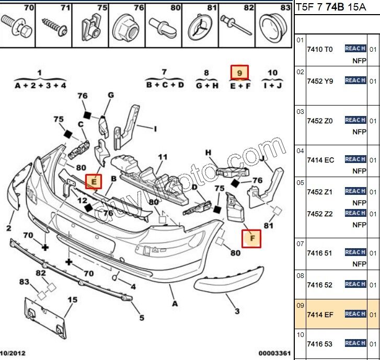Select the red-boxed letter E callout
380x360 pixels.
[x=94, y=181]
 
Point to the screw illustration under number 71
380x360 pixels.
[x=54, y=24]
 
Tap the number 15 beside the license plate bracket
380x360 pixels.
[x=72, y=299]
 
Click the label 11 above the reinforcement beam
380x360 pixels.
[x=163, y=156]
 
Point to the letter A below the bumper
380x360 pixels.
[x=175, y=303]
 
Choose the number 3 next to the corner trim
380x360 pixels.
[x=237, y=311]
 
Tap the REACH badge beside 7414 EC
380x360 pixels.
[x=355, y=159]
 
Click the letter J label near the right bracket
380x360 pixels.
[x=262, y=155]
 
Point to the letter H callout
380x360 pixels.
[x=208, y=153]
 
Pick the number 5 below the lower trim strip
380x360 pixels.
[x=141, y=317]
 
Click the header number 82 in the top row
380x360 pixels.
[x=249, y=8]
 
